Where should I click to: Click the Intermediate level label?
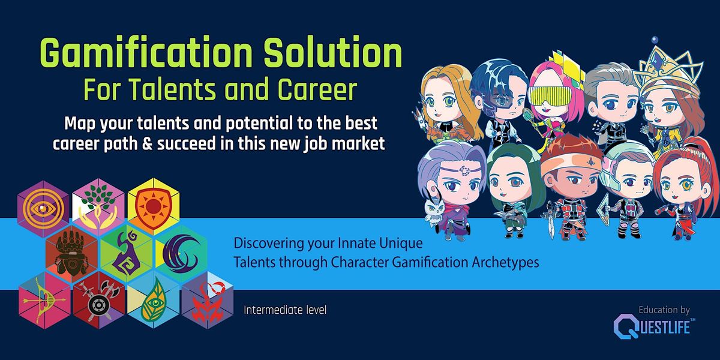pyautogui.click(x=285, y=311)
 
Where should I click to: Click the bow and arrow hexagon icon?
pyautogui.click(x=44, y=298)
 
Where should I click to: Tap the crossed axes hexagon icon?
pyautogui.click(x=97, y=298)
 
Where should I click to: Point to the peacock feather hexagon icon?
pyautogui.click(x=151, y=299)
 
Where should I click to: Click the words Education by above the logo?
pyautogui.click(x=664, y=310)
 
